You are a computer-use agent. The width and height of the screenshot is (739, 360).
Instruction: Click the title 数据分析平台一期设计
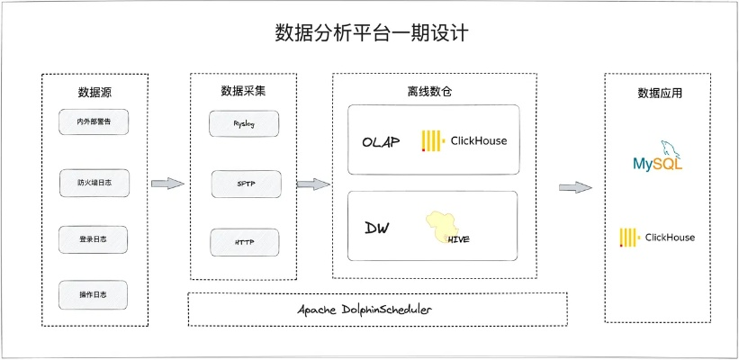[x=371, y=34]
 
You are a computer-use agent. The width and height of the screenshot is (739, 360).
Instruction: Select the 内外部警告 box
[x=95, y=121]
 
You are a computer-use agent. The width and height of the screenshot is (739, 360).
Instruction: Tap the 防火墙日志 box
[x=95, y=183]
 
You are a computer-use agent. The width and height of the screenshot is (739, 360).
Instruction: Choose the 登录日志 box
[x=93, y=239]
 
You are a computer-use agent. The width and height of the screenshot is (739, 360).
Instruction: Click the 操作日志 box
[x=94, y=294]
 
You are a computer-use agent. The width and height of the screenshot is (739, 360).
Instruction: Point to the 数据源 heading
[x=95, y=92]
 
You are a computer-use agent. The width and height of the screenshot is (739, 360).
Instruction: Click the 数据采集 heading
[x=243, y=91]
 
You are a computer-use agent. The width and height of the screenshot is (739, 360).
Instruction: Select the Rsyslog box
[x=244, y=124]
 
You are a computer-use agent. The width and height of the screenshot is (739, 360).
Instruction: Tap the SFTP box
[x=246, y=183]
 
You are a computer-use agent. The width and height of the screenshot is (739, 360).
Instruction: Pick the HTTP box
[x=244, y=242]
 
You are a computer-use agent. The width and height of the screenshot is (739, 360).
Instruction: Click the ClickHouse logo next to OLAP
[x=464, y=140]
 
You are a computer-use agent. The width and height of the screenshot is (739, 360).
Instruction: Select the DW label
[x=376, y=229]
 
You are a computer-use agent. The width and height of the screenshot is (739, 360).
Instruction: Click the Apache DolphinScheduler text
[x=377, y=310]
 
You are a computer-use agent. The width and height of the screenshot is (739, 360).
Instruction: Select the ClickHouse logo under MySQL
[x=657, y=238]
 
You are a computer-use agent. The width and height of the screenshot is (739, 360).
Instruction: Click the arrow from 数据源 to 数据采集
[x=167, y=184]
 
